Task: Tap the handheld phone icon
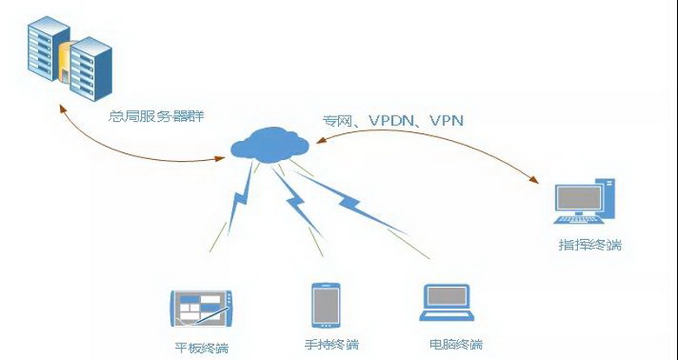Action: click(x=324, y=305)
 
